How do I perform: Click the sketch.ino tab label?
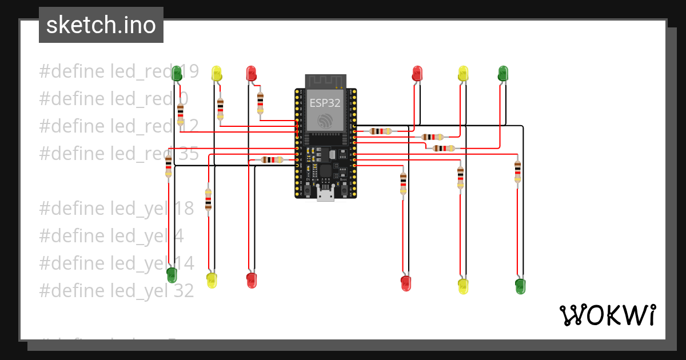pyautogui.click(x=101, y=25)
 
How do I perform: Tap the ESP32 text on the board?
pyautogui.click(x=325, y=103)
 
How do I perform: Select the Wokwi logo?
pyautogui.click(x=607, y=315)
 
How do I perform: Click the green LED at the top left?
pyautogui.click(x=177, y=73)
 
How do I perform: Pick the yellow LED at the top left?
pyautogui.click(x=217, y=73)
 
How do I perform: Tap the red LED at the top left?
pyautogui.click(x=251, y=73)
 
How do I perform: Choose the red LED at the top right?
pyautogui.click(x=417, y=73)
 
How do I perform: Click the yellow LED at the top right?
pyautogui.click(x=463, y=73)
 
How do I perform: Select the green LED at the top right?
pyautogui.click(x=503, y=73)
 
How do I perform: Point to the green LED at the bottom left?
pyautogui.click(x=171, y=275)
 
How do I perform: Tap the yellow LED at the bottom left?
pyautogui.click(x=212, y=280)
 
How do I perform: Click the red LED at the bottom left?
pyautogui.click(x=252, y=279)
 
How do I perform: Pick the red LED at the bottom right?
pyautogui.click(x=406, y=283)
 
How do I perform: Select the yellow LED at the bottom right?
pyautogui.click(x=463, y=286)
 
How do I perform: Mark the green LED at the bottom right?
pyautogui.click(x=520, y=286)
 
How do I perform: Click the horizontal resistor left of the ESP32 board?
pyautogui.click(x=272, y=160)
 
